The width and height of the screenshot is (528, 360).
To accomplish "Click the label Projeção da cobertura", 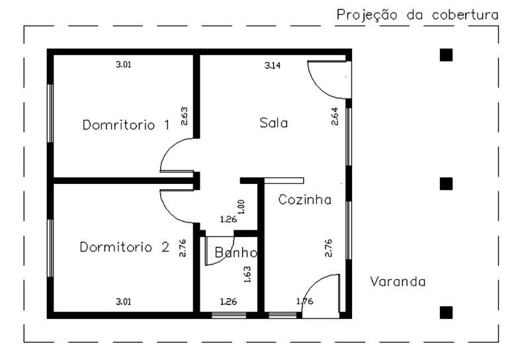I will click(417, 15).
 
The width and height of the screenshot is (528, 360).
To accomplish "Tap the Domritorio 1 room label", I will click(126, 124).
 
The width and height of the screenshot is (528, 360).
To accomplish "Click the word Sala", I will click(274, 123).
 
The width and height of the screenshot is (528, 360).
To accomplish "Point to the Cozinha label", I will click(304, 200).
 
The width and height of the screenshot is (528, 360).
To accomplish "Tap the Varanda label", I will click(397, 281).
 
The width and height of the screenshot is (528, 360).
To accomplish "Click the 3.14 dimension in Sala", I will click(272, 66).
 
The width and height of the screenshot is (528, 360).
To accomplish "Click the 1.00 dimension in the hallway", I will click(241, 206).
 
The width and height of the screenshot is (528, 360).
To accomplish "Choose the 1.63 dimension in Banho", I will click(247, 274).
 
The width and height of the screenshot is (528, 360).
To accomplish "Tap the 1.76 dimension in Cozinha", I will click(305, 302).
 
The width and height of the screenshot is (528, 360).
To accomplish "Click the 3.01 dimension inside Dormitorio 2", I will click(124, 302).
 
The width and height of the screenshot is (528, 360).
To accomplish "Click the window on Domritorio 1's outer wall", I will click(50, 112).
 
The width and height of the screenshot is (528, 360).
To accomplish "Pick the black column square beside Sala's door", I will click(446, 55).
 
